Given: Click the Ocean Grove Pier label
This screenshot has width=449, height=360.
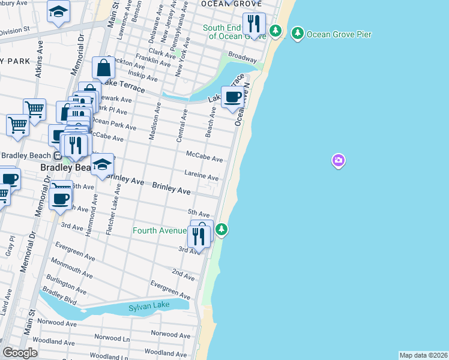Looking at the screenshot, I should (x=339, y=34).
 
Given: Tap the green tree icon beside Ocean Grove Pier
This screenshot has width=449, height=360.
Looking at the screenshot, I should (x=297, y=34).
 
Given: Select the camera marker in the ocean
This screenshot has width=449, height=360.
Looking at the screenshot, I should (x=339, y=160).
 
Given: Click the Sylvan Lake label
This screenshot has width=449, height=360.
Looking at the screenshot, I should (x=149, y=307).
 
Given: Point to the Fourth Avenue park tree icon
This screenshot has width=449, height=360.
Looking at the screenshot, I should (x=221, y=229).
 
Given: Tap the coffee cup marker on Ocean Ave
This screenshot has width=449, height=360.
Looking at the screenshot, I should (x=233, y=97).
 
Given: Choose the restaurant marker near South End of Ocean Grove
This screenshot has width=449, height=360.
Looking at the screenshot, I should (x=254, y=24).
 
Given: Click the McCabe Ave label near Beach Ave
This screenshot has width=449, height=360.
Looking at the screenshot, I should (x=204, y=157).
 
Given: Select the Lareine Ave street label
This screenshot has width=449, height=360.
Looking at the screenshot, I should (x=201, y=175).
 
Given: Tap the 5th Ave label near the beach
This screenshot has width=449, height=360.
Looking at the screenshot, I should (x=198, y=212).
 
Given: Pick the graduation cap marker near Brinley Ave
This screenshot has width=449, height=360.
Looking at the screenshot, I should (x=103, y=166).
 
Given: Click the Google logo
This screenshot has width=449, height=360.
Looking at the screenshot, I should (x=20, y=353).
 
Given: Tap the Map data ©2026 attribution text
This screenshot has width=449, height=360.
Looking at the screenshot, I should (x=423, y=355).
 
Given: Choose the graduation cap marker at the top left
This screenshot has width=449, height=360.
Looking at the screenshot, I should (x=58, y=11).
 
